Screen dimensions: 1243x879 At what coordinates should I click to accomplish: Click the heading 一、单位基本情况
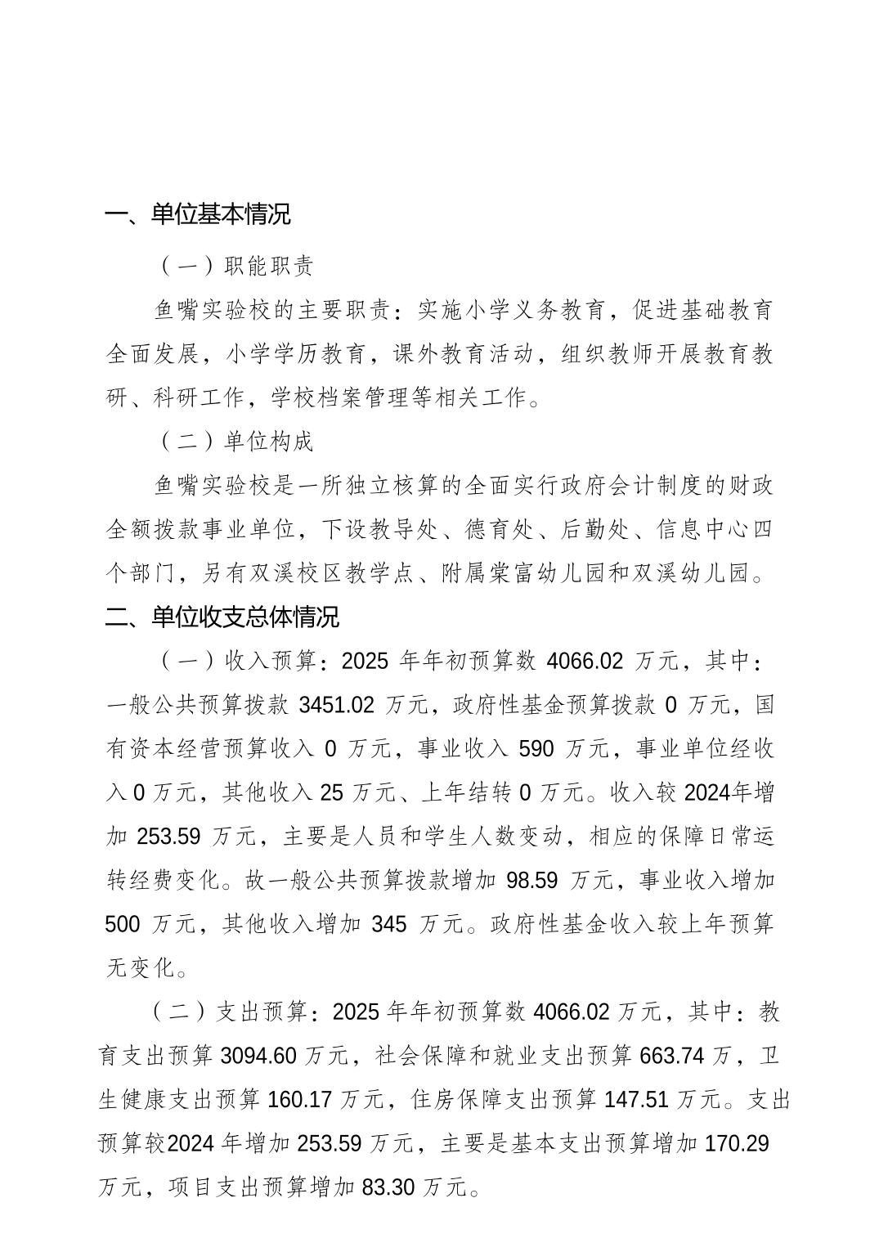[198, 215]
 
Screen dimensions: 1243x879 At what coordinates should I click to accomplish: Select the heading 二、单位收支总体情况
[222, 617]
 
